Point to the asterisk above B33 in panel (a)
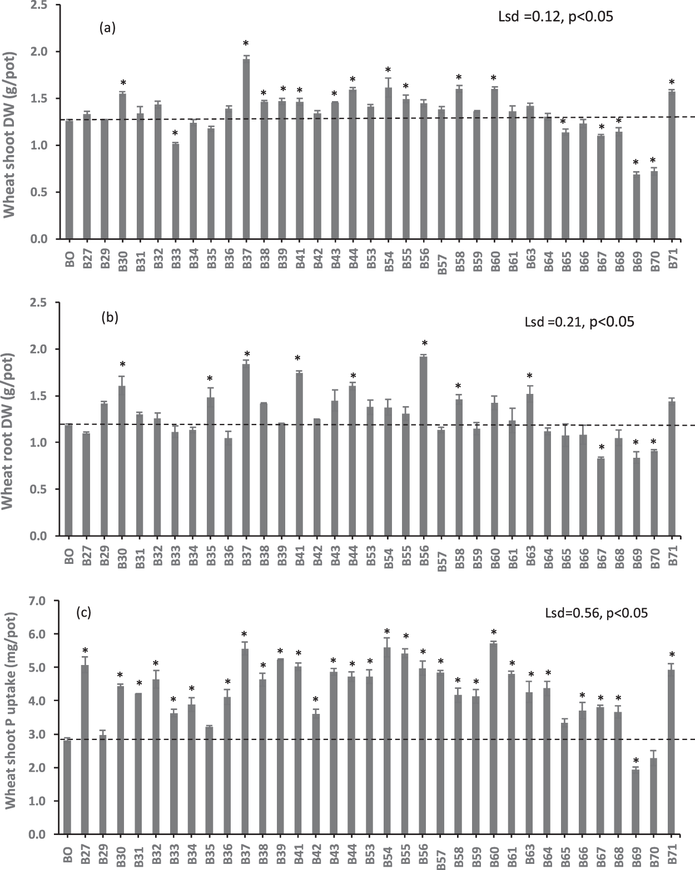[175, 134]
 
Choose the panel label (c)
[83, 613]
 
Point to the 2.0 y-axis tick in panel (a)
[47, 52]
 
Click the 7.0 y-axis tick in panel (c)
[47, 601]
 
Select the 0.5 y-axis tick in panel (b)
[47, 489]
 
